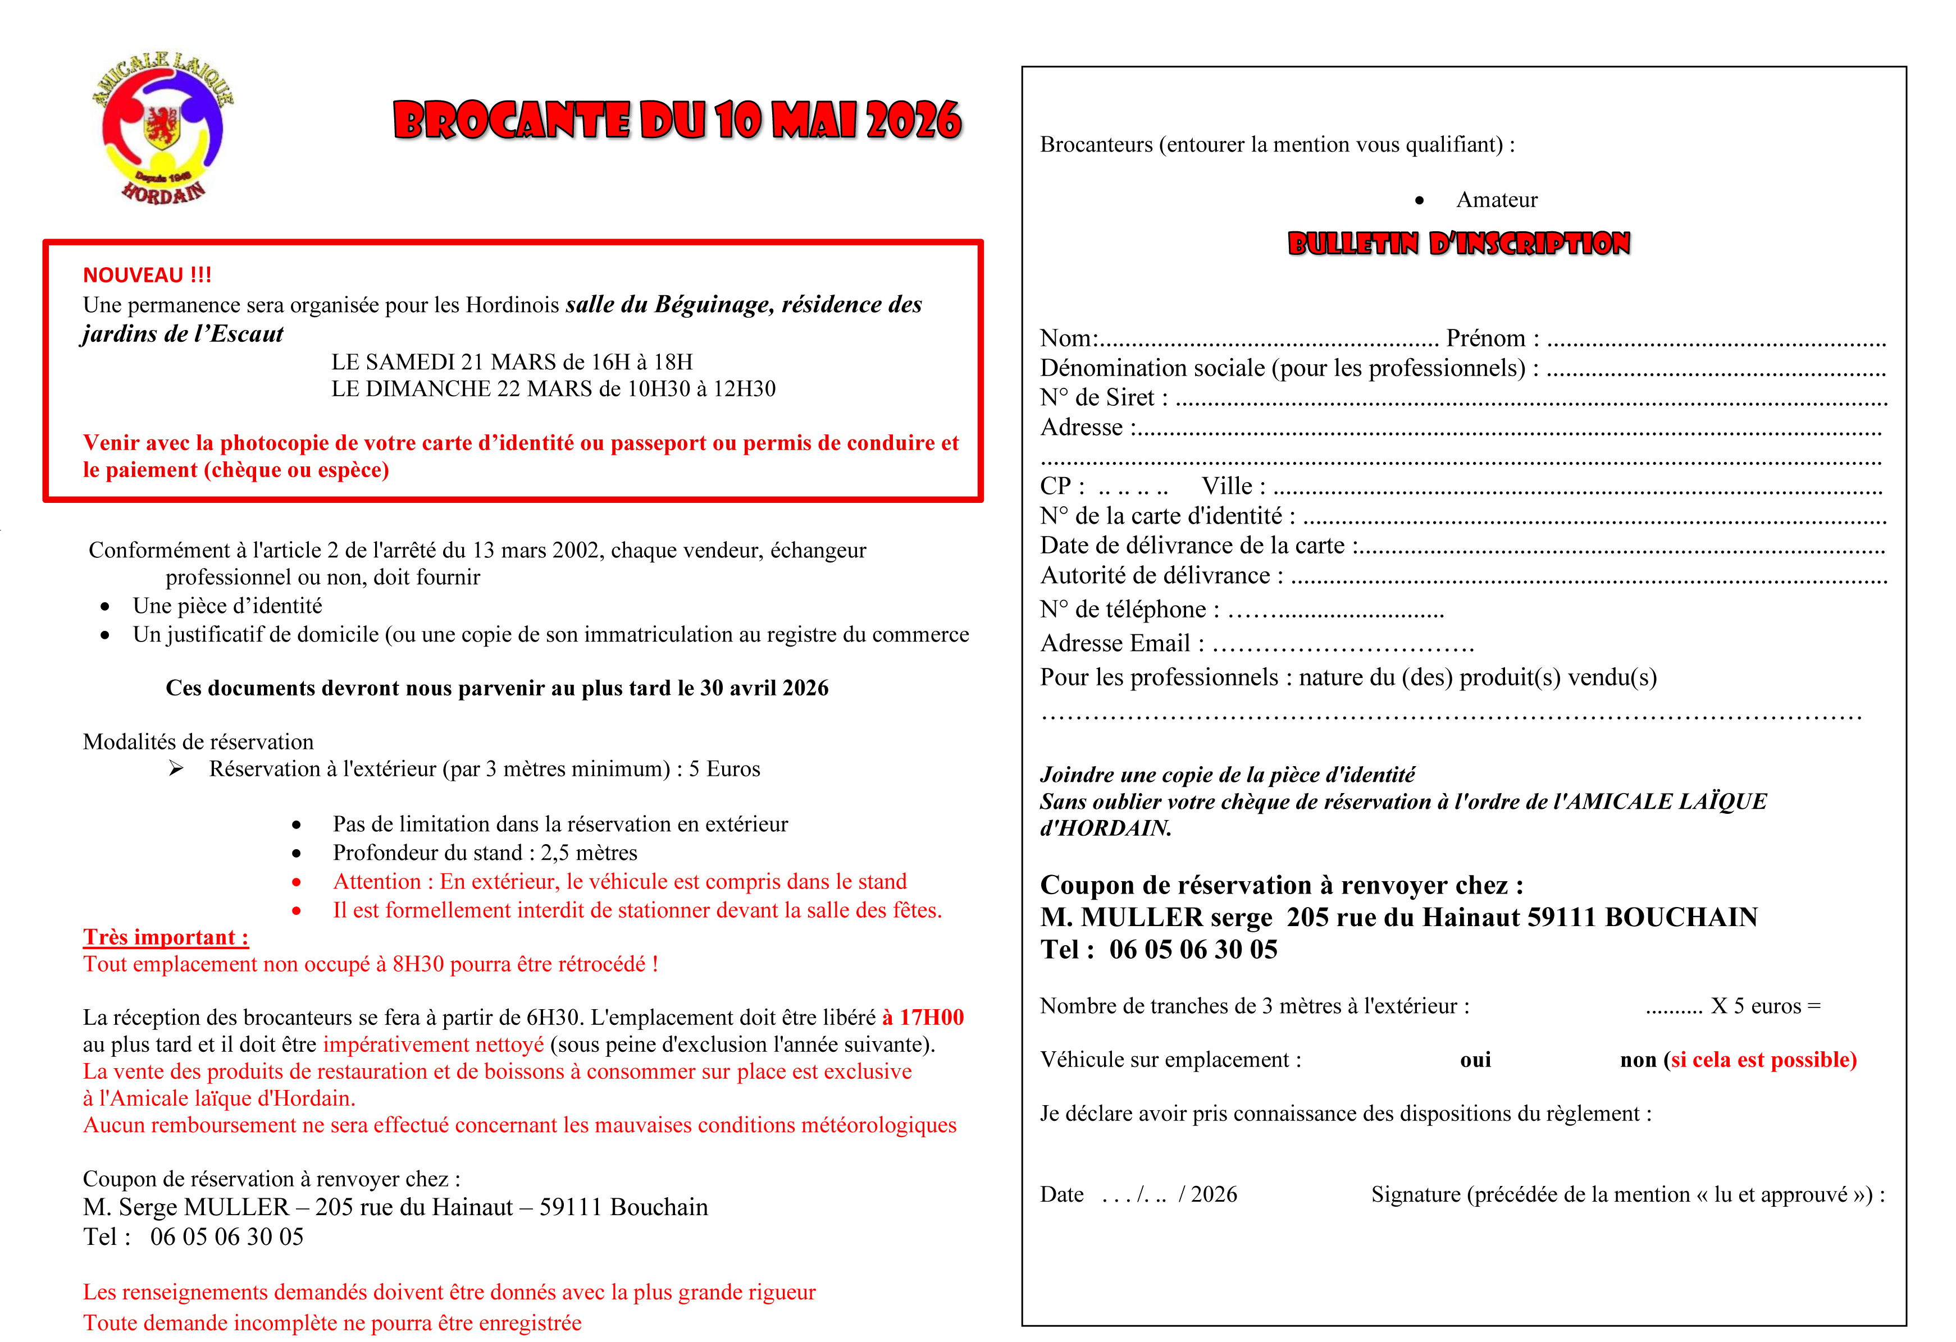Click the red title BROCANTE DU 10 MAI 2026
(x=677, y=120)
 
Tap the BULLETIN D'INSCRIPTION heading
(x=1458, y=244)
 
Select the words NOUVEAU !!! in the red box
(x=147, y=275)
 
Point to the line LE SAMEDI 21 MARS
(x=512, y=362)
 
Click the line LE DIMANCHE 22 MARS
(x=553, y=389)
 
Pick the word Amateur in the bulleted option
(x=1497, y=200)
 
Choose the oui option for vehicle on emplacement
(x=1475, y=1060)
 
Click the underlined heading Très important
(x=166, y=937)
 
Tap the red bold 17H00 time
(x=932, y=1017)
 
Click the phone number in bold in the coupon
(x=1193, y=950)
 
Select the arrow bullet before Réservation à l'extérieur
(x=176, y=768)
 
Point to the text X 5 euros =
(x=1765, y=1006)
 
